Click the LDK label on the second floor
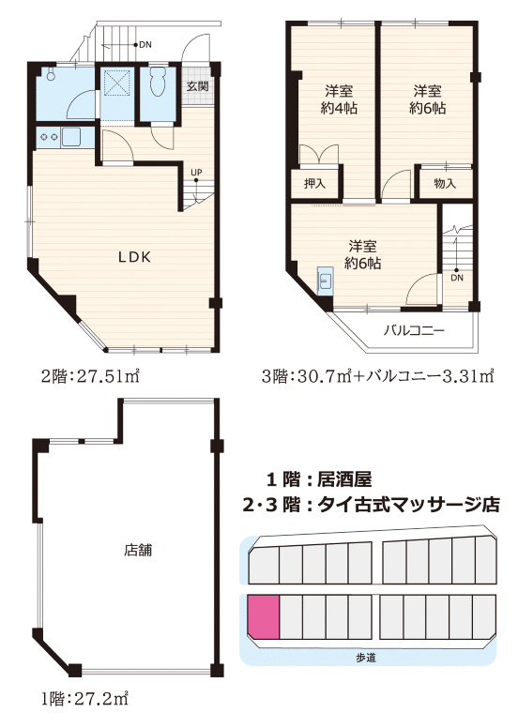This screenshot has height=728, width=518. pos(134,257)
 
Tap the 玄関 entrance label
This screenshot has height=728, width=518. pos(197,86)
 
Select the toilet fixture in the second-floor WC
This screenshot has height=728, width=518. pos(158,83)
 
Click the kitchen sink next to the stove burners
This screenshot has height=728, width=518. pos(71,137)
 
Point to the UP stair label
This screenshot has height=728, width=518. pos(196,173)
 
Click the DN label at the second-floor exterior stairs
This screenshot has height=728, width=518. pos(145,45)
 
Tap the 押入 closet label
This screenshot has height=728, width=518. pos(314,183)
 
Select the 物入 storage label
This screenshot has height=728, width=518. pos(445,183)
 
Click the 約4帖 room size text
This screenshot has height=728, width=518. pos(339,108)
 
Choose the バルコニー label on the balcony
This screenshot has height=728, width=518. pos(414,330)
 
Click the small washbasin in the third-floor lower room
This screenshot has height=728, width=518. pos(325,280)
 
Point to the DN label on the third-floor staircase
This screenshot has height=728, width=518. pos(457,278)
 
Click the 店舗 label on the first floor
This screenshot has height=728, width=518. pos(138,550)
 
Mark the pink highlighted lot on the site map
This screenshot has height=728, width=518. pos(263,617)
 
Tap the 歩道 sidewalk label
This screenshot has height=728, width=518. pos(366,658)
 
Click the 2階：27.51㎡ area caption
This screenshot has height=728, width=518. pos(90,375)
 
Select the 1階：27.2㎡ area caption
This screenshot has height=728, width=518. pos(84,697)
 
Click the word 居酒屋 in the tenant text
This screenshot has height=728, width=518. pos(344,478)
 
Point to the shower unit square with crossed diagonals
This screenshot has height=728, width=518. pos(114,83)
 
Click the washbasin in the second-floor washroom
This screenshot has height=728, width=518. pos(50,76)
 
